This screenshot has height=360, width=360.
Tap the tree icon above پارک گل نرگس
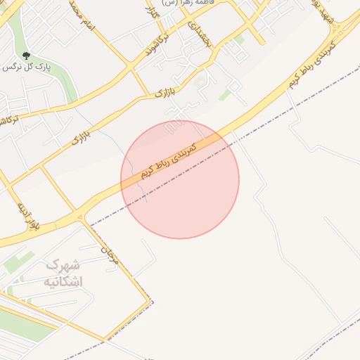coord(27,56)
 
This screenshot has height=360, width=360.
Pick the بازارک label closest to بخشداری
coord(162,91)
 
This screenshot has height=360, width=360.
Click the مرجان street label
coord(112,255)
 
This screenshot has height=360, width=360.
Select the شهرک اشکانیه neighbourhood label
coord(63,274)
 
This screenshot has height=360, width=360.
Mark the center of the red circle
coord(180,179)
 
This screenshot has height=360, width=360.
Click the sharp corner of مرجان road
coord(150,302)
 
